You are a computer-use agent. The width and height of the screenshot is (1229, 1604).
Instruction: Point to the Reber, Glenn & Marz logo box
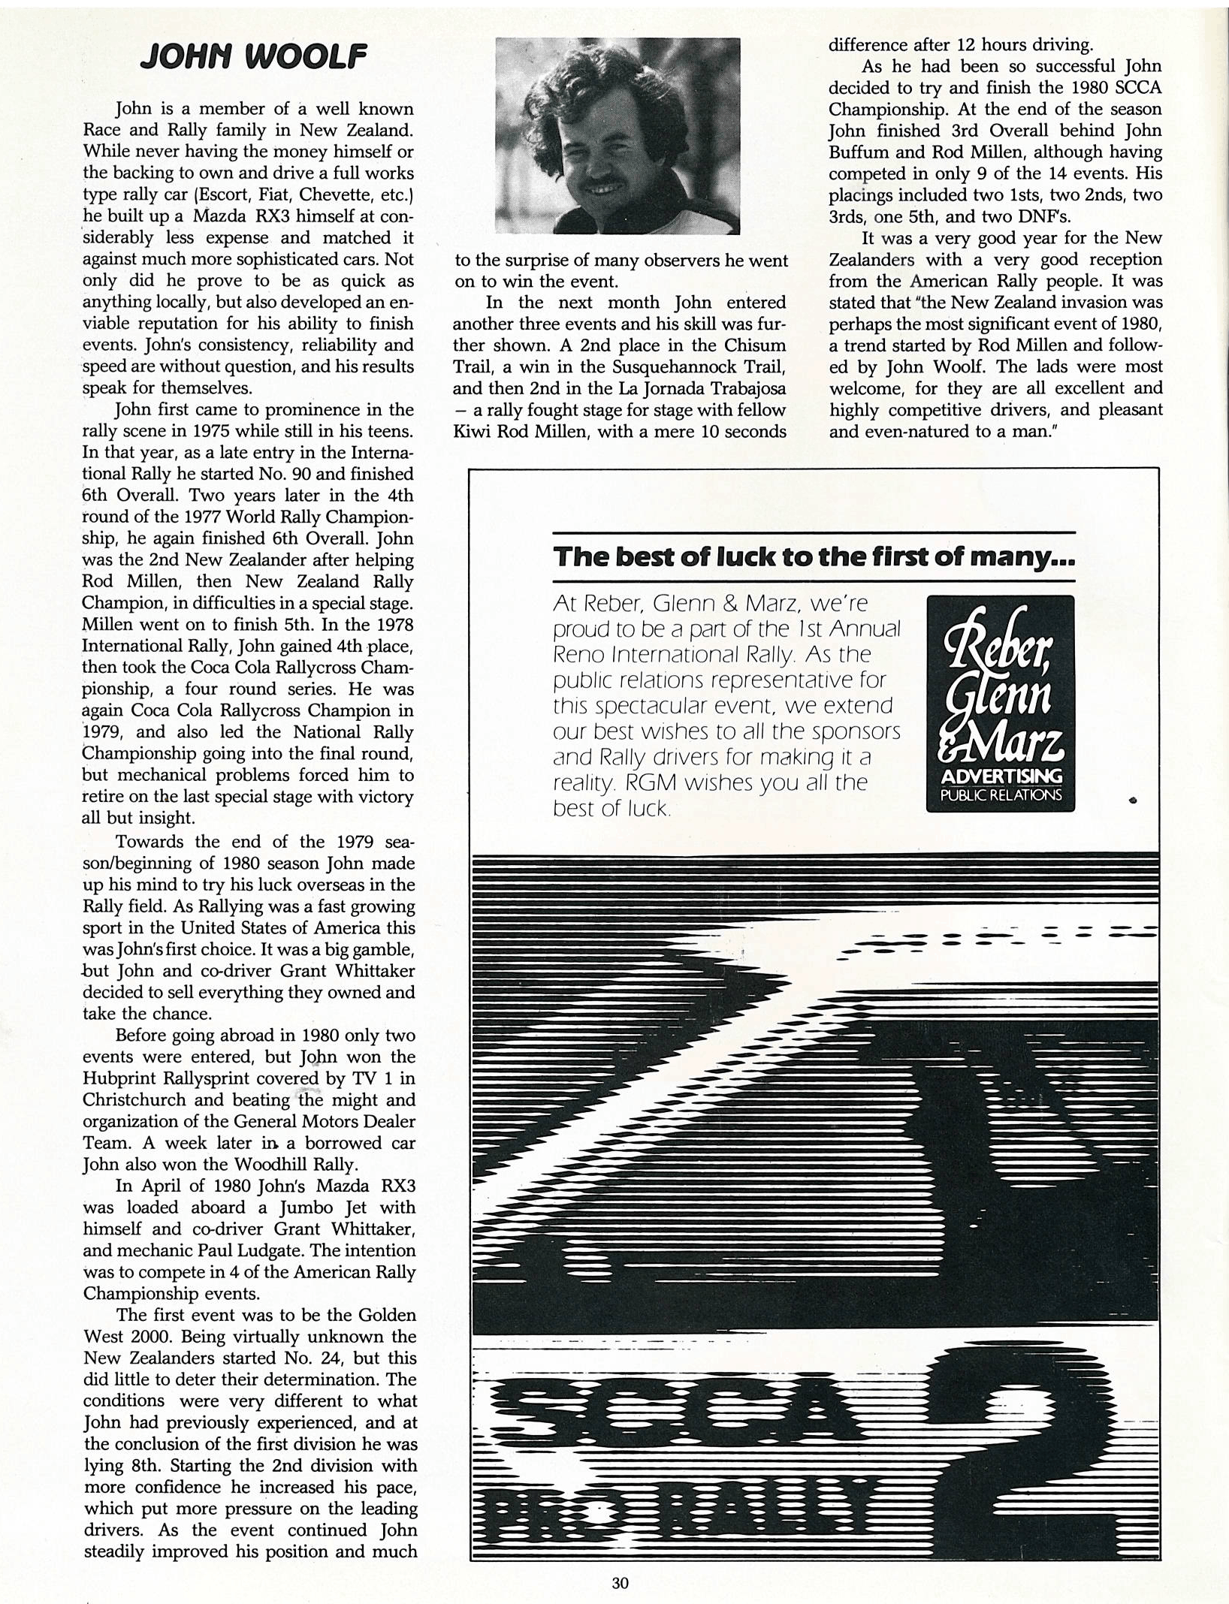point(1000,704)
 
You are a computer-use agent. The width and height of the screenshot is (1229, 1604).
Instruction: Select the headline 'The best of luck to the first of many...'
point(814,557)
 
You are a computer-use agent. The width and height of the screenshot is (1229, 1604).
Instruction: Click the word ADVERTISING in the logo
point(1001,775)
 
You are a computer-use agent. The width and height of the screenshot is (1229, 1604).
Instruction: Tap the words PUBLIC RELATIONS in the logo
point(1001,794)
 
